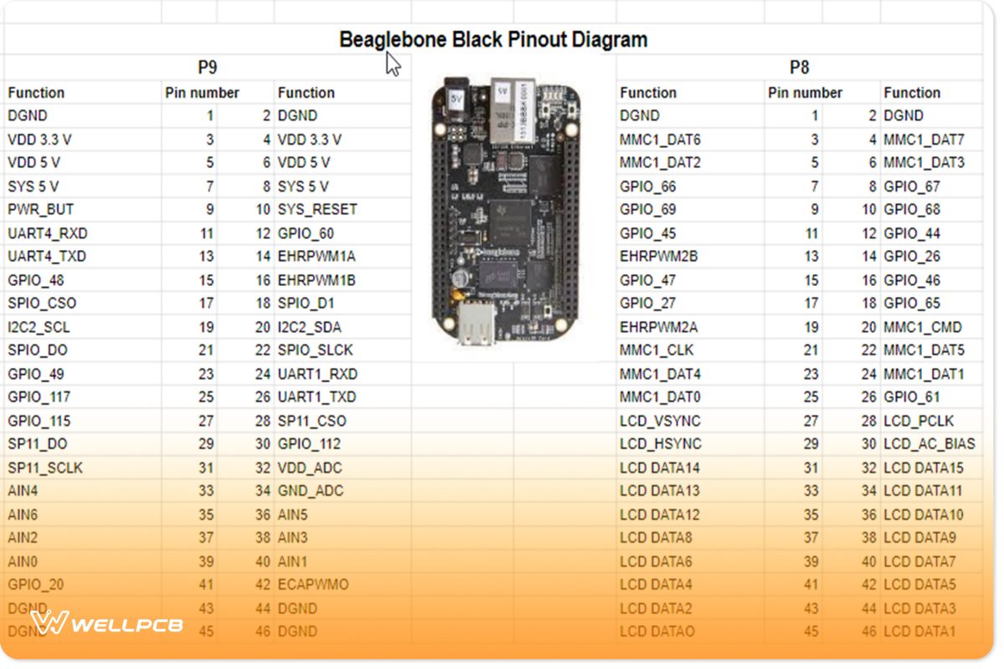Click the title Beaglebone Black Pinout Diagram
pyautogui.click(x=493, y=39)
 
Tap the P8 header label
pyautogui.click(x=799, y=68)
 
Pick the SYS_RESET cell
pyautogui.click(x=317, y=209)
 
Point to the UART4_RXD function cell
pyautogui.click(x=48, y=233)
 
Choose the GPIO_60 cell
pyautogui.click(x=305, y=233)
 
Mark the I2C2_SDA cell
pyautogui.click(x=310, y=327)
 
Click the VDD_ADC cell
pyautogui.click(x=310, y=467)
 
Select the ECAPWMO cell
pyautogui.click(x=313, y=585)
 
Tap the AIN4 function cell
pyautogui.click(x=23, y=491)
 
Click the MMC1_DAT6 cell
pyautogui.click(x=660, y=140)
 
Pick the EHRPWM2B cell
pyautogui.click(x=658, y=257)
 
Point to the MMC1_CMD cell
pyautogui.click(x=923, y=327)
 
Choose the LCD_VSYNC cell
pyautogui.click(x=660, y=421)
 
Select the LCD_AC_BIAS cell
pyautogui.click(x=929, y=444)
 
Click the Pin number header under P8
pyautogui.click(x=805, y=93)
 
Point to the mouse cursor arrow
pyautogui.click(x=392, y=64)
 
